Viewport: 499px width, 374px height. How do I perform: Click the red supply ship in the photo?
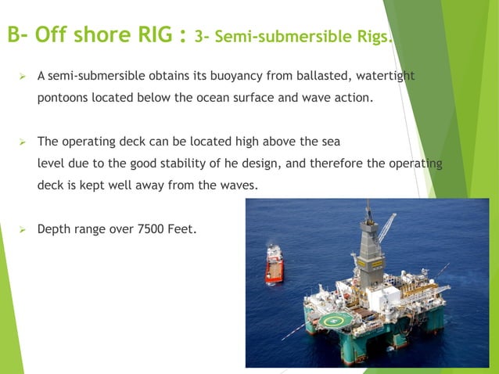point(274,264)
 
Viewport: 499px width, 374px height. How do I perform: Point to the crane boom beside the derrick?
point(387,226)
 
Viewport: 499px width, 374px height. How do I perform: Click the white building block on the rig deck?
point(391,298)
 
